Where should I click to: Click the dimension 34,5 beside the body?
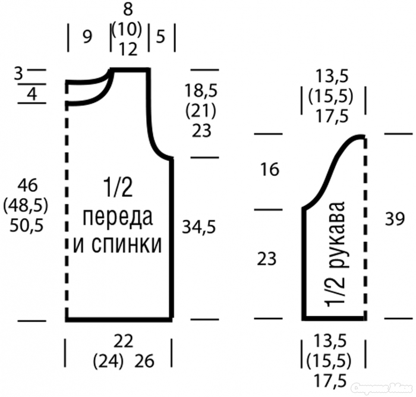[x=199, y=227]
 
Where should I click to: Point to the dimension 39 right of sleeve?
[x=395, y=219]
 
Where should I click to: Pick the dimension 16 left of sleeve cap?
[x=270, y=169]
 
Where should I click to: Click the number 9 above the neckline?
[x=87, y=37]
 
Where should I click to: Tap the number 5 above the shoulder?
[x=160, y=36]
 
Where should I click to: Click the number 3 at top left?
[x=18, y=74]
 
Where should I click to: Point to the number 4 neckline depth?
[x=32, y=94]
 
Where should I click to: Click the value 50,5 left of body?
[x=26, y=226]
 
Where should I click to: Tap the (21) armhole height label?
[x=201, y=111]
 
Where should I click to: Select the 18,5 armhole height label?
[x=201, y=90]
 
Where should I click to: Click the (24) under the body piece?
[x=108, y=360]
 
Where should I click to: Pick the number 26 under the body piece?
[x=144, y=361]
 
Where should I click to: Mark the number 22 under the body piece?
[x=124, y=341]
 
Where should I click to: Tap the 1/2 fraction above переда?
[x=118, y=188]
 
